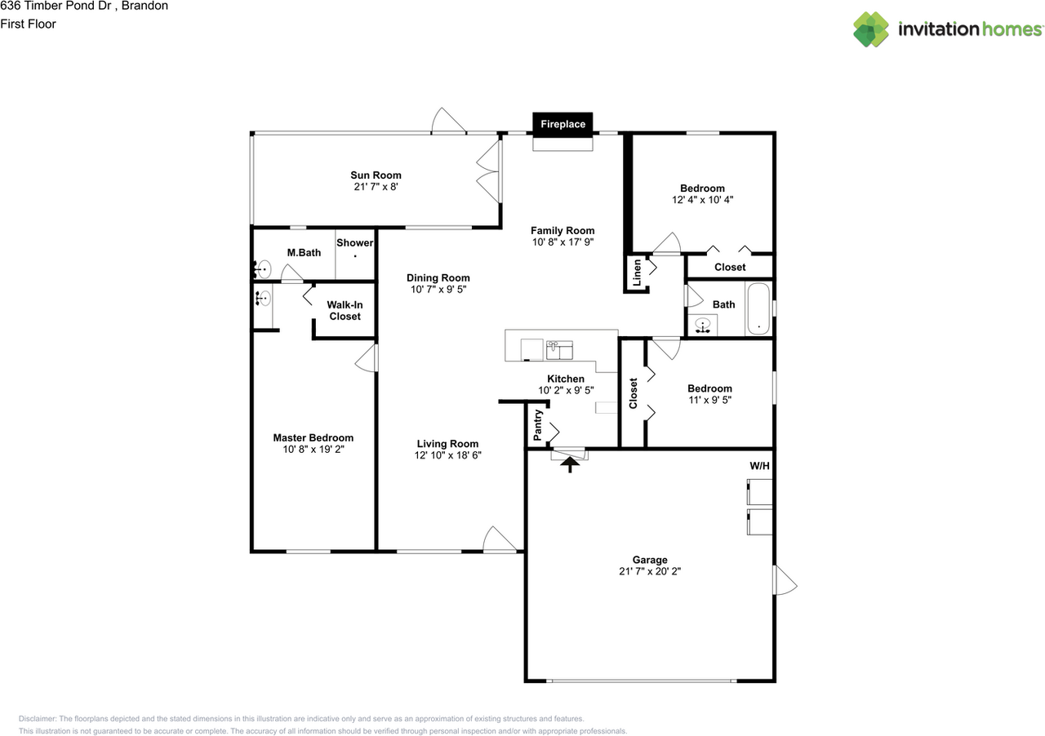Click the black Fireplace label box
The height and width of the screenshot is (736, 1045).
click(563, 124)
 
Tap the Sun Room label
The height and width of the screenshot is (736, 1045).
click(376, 175)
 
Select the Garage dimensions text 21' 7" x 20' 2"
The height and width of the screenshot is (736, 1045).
click(650, 571)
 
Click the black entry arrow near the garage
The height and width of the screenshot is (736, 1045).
click(570, 464)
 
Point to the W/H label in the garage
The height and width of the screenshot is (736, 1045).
click(759, 465)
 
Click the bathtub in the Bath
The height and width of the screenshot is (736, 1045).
click(758, 308)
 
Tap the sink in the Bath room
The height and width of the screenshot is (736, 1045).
click(703, 325)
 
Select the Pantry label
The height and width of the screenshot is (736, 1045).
click(537, 425)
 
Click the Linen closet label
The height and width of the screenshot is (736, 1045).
click(637, 273)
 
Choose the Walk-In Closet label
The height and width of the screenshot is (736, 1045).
click(345, 311)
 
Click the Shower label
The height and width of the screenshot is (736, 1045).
click(354, 243)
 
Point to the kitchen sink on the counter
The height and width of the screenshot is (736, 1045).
click(559, 350)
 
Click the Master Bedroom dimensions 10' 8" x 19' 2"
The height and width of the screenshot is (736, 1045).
click(313, 449)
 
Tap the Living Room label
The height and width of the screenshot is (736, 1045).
click(447, 444)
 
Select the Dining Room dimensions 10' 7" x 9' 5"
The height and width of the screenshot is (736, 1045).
click(438, 289)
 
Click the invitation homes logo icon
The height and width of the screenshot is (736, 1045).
click(870, 29)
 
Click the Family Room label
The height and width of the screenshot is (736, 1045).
click(563, 231)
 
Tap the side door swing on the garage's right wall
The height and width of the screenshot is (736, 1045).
click(785, 580)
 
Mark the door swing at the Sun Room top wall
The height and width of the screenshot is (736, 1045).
click(448, 120)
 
